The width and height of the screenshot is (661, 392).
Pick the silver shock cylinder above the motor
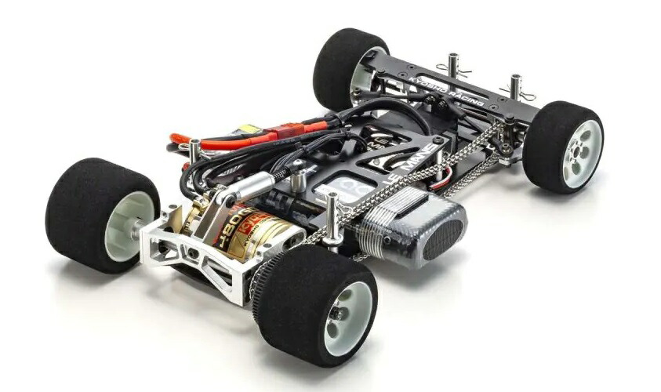point(244,187)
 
